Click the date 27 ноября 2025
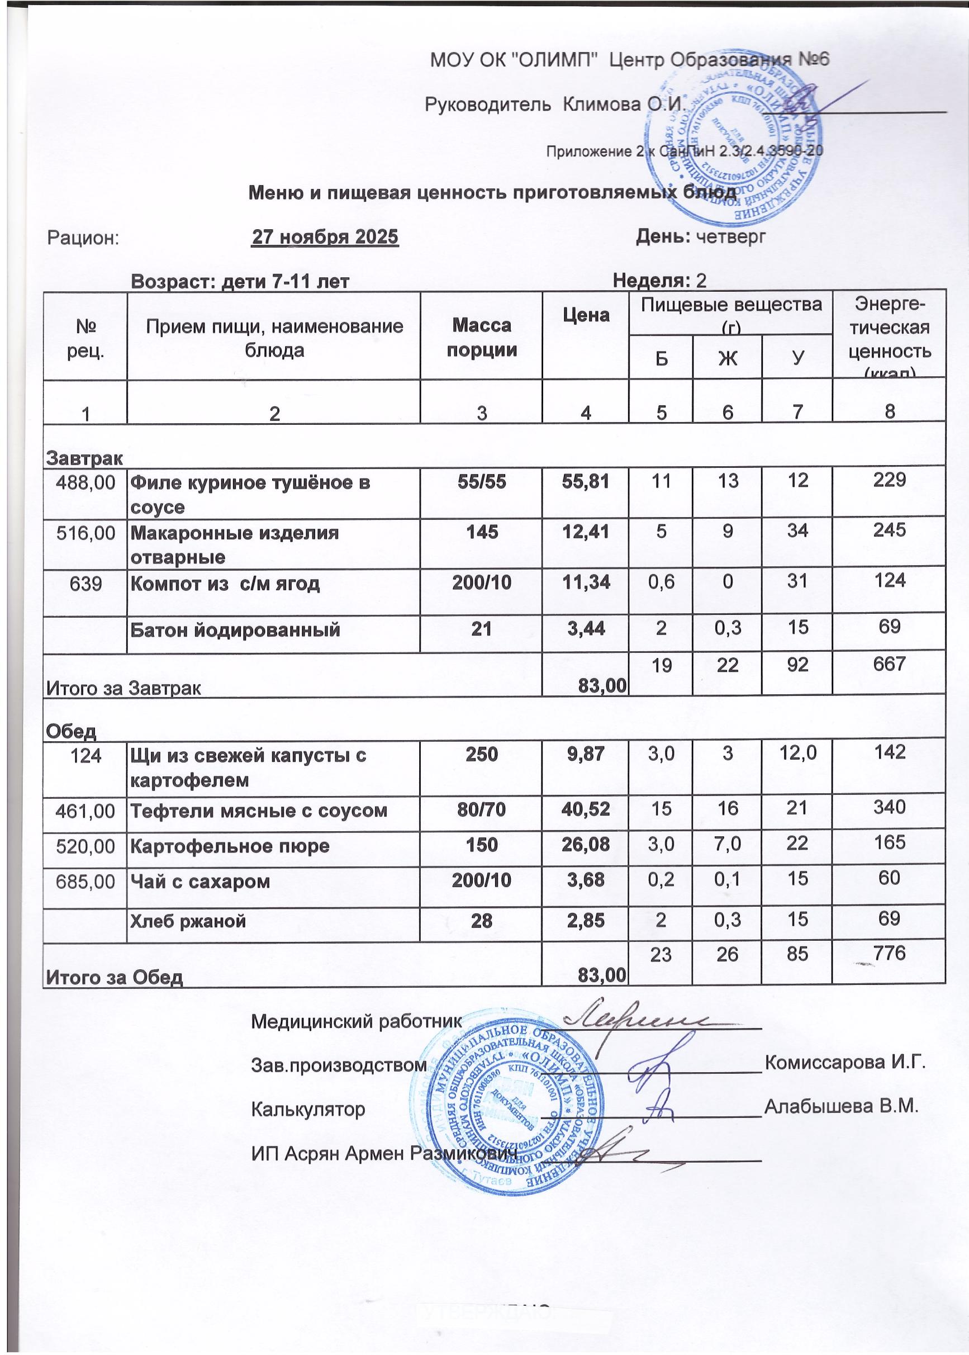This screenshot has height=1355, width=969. point(326,238)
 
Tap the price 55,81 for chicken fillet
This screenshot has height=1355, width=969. point(585,481)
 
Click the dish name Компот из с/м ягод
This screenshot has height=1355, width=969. point(225,582)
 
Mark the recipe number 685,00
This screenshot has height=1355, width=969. point(85,882)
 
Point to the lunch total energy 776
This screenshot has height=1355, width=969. point(889,954)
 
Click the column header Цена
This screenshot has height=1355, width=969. point(585,315)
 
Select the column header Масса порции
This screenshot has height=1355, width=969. point(481,337)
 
